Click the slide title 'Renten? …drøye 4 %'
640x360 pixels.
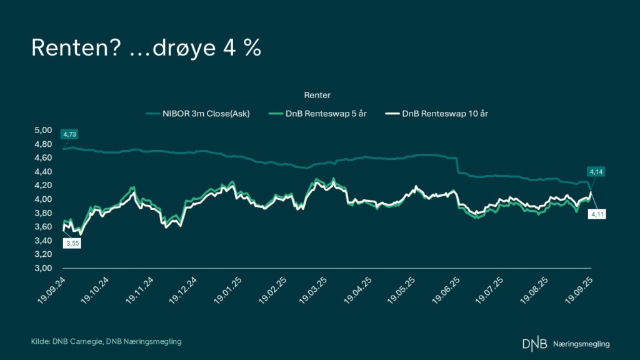point(146,49)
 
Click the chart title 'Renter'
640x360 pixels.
point(317,95)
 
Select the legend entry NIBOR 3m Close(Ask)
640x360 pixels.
point(198,113)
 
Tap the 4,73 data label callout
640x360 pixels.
point(69,134)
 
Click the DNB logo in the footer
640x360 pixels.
point(533,343)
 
